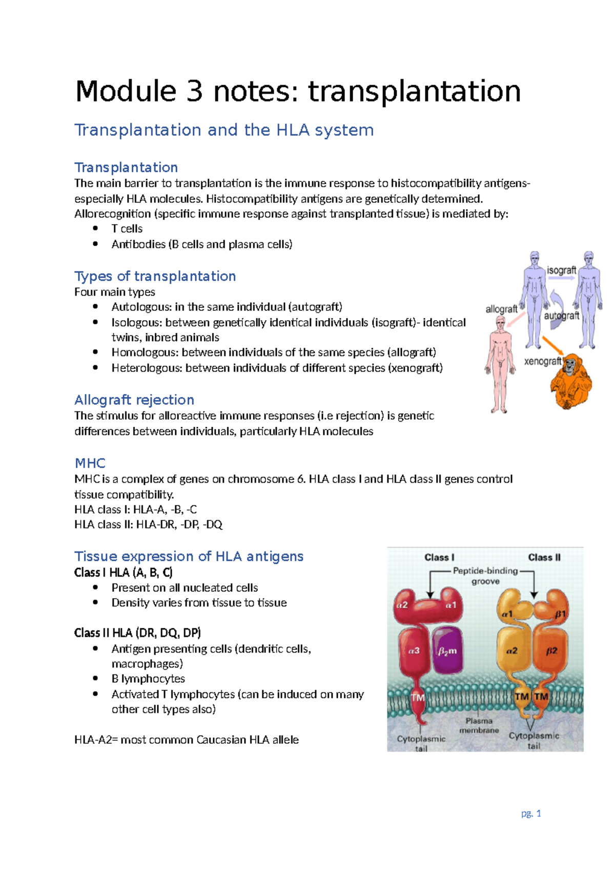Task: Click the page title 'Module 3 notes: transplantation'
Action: coord(298,91)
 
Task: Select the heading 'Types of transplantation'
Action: coord(155,276)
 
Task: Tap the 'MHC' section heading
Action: coord(90,463)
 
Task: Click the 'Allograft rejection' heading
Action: coord(134,400)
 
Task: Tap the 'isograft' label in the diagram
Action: coord(561,270)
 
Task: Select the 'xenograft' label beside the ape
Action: coord(543,361)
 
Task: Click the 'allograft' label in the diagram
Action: coord(501,309)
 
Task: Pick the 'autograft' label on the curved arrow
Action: coord(561,315)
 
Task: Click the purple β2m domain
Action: coord(447,650)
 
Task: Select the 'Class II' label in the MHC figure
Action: coord(544,557)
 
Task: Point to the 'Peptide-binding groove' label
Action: coord(485,576)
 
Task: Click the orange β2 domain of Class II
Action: coord(551,650)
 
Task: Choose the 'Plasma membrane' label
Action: coord(479,725)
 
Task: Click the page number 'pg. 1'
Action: coord(531,813)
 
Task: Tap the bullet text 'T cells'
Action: coord(127,229)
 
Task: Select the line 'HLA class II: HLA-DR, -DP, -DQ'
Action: coord(148,524)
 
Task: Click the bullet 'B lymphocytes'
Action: coord(148,679)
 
